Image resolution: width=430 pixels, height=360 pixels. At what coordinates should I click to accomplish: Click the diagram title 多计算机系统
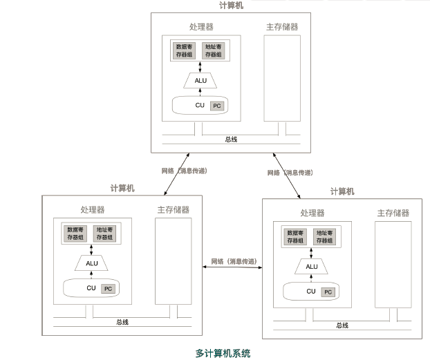222,353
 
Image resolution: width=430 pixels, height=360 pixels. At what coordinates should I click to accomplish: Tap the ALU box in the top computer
200,81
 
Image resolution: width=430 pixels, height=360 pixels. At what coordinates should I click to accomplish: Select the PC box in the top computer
216,106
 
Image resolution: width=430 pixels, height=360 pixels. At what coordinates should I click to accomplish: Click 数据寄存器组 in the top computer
185,50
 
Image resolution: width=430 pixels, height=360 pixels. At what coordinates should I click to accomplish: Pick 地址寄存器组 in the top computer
214,50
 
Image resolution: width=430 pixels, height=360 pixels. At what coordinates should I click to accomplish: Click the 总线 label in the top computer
231,139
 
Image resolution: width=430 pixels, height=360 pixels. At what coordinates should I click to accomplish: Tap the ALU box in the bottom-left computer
92,263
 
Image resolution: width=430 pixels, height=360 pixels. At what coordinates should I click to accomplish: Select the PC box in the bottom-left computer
108,288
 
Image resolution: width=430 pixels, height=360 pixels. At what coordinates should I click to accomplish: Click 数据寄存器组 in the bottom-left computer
75,233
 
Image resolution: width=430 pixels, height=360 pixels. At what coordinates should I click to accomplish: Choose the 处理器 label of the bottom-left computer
92,209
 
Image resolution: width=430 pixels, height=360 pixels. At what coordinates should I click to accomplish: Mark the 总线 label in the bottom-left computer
122,321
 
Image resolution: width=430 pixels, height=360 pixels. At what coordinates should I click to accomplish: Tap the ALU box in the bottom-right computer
311,267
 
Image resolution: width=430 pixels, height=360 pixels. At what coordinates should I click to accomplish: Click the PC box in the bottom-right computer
328,292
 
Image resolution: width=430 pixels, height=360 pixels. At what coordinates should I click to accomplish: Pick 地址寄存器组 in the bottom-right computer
325,237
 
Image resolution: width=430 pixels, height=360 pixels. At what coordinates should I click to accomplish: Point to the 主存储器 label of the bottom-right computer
393,213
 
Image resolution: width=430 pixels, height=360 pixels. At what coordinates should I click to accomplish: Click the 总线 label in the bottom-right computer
342,325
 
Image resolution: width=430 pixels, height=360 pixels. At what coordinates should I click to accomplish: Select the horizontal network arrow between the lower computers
233,267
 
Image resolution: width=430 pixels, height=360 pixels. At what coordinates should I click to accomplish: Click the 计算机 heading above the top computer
230,5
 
